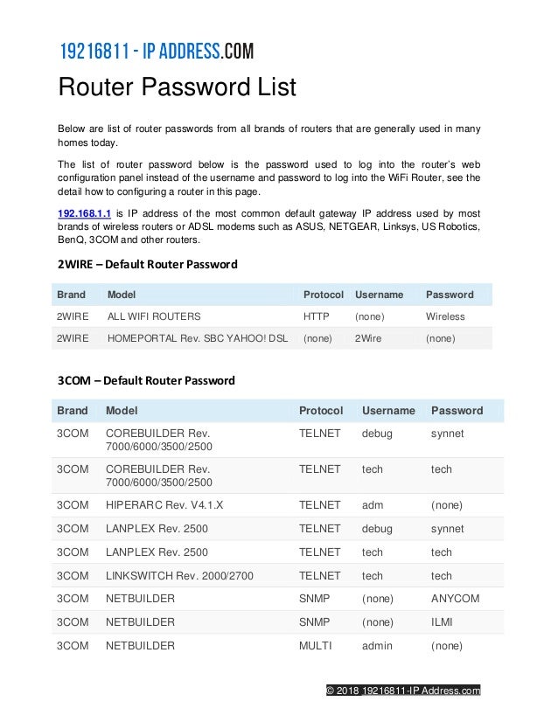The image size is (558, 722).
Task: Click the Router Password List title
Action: (x=177, y=88)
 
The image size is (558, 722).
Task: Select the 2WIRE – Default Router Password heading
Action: (x=147, y=264)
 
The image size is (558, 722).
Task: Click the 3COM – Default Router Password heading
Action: (x=146, y=380)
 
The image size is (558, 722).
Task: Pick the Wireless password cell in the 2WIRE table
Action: (x=445, y=316)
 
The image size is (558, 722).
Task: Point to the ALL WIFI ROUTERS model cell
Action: (x=154, y=316)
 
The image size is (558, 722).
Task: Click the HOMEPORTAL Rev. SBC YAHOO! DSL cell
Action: (x=197, y=338)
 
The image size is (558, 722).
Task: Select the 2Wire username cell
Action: (x=368, y=338)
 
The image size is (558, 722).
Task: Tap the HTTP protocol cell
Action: (x=316, y=316)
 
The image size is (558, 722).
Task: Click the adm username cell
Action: (x=372, y=505)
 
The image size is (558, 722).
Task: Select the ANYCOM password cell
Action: (x=455, y=599)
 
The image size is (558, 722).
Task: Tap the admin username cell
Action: (x=375, y=646)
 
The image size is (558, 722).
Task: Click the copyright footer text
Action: (x=402, y=691)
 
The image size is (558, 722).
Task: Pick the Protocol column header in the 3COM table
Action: (x=321, y=410)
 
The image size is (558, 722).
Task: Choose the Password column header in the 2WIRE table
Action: (x=450, y=295)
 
